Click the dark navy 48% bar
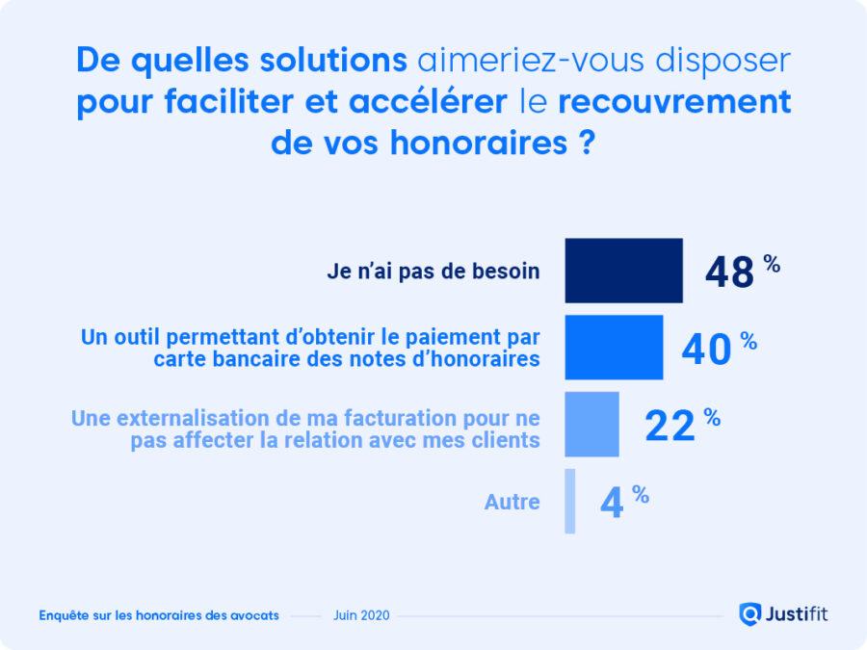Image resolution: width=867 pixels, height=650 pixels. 623,271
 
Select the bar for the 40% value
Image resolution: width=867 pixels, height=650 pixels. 614,347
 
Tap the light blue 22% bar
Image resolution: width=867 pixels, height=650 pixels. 591,424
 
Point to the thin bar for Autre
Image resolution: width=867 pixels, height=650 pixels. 570,501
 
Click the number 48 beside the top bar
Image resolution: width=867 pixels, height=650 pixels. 729,273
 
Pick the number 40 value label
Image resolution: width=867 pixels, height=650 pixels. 706,350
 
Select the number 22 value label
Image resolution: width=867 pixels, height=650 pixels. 670,426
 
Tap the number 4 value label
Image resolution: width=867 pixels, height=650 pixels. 611,504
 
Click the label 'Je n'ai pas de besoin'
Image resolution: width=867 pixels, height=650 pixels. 433,272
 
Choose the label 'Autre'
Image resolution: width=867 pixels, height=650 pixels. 512,502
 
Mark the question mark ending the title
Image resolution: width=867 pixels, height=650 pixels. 587,142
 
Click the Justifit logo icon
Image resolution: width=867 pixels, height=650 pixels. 750,613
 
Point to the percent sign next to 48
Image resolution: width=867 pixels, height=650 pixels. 772,263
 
